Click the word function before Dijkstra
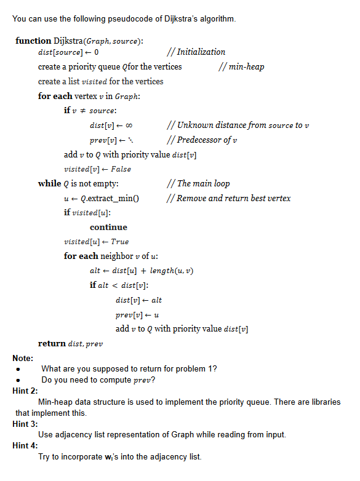(x=33, y=41)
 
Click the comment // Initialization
(x=196, y=52)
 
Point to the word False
(x=122, y=169)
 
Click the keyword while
(x=49, y=184)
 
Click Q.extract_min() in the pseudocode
(x=108, y=198)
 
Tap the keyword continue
(x=108, y=227)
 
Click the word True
(x=120, y=242)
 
